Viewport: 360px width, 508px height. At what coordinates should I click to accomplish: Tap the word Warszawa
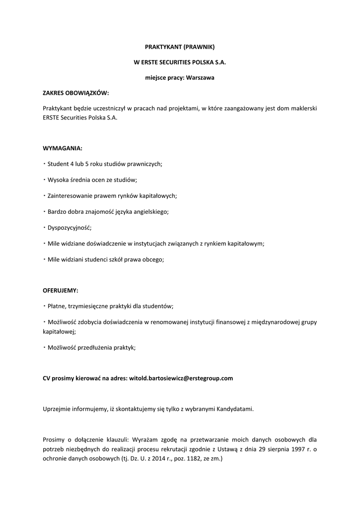point(200,78)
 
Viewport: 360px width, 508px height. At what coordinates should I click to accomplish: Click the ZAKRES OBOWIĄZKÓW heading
point(75,93)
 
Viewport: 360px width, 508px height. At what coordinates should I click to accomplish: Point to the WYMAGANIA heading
point(62,148)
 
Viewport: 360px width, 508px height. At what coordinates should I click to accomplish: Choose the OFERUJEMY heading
point(60,290)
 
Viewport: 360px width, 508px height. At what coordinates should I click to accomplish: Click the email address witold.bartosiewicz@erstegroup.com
point(181,378)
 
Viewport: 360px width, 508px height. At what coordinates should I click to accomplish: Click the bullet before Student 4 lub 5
point(45,164)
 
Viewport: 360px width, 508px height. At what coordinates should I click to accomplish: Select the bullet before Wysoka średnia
point(45,180)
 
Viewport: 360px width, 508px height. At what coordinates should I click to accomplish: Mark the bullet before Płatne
point(45,306)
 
